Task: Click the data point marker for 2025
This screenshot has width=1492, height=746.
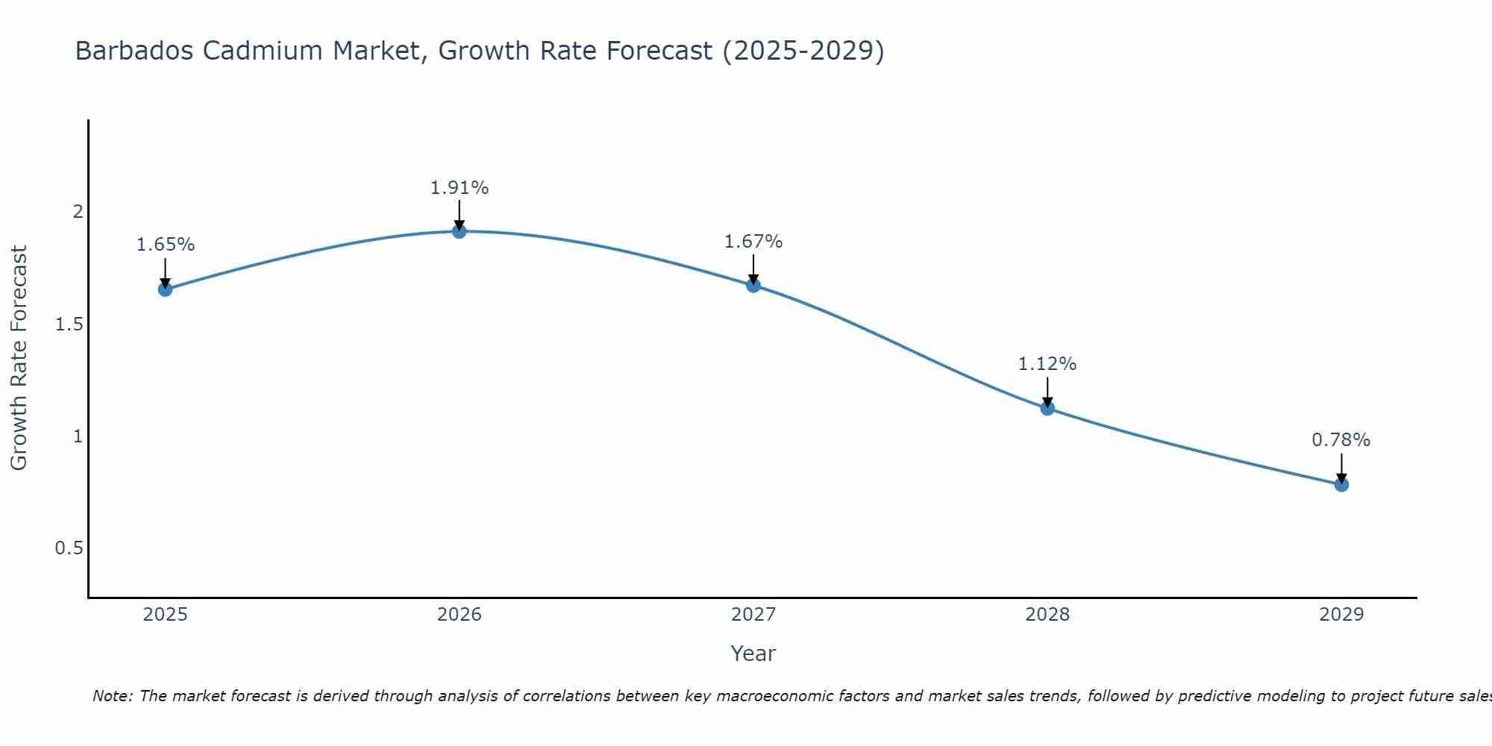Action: pos(166,289)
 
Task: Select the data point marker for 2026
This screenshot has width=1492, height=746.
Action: pos(460,231)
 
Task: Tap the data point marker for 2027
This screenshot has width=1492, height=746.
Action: pos(753,285)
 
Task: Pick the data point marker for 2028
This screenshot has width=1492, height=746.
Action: pos(1047,408)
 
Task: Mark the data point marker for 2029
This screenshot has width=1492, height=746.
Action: pos(1341,484)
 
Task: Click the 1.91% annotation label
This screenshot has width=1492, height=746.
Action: pos(460,188)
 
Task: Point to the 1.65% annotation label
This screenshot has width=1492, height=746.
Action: pos(166,245)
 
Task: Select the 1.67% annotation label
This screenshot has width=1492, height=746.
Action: pos(753,242)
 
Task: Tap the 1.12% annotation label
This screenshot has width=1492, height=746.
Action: pos(1047,364)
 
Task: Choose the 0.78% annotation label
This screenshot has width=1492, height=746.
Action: pos(1341,440)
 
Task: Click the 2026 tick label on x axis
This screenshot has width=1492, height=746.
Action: pos(460,615)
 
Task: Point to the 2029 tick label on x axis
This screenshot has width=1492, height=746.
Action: pos(1341,615)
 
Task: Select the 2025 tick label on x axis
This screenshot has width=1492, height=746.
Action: pos(166,615)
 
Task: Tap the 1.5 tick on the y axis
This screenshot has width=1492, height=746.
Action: pos(69,325)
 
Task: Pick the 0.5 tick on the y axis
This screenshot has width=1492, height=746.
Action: pos(69,548)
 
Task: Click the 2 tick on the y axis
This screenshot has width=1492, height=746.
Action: pos(78,212)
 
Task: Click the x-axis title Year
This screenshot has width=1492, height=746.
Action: pos(753,653)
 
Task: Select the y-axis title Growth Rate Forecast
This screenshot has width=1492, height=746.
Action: pos(19,358)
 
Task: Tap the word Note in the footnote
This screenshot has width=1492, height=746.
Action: pos(112,696)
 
